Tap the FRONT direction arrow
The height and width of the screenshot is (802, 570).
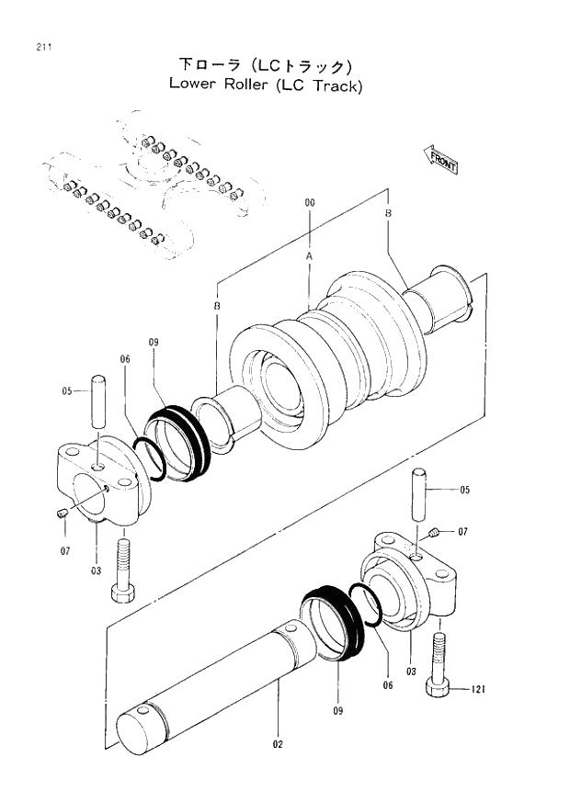(441, 159)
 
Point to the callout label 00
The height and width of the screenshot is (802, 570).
(310, 202)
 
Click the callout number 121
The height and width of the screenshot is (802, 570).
(477, 689)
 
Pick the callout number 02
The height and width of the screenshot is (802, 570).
(278, 744)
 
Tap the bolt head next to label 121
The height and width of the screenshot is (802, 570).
(438, 688)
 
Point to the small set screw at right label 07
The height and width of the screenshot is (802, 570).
(433, 533)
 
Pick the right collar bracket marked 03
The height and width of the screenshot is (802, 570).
(414, 588)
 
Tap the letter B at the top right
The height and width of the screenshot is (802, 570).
(388, 212)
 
